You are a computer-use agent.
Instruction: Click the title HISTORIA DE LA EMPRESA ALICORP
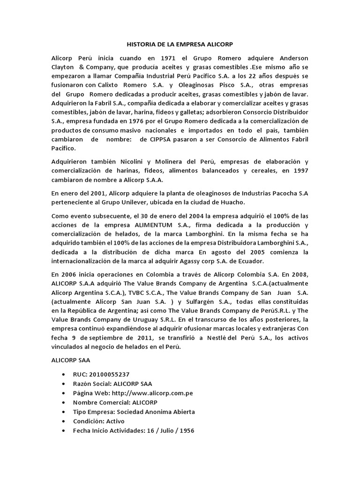pyautogui.click(x=180, y=45)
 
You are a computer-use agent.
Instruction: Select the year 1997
pyautogui.click(x=300, y=171)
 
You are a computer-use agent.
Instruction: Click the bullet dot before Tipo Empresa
pyautogui.click(x=63, y=412)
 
